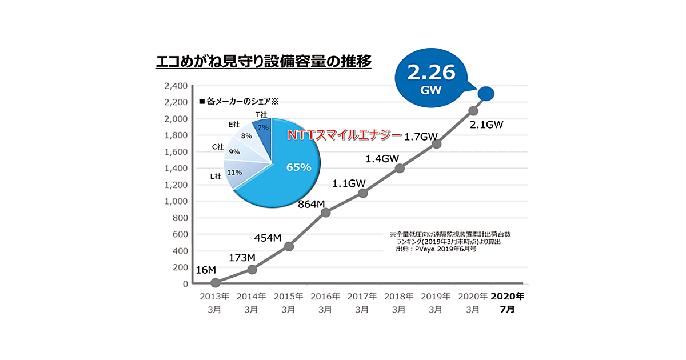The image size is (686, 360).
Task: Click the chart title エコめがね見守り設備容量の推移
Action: tap(264, 61)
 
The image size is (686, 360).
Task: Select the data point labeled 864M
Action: tap(326, 213)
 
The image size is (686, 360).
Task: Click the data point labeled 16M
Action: tap(216, 282)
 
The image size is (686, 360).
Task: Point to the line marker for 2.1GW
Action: tap(473, 111)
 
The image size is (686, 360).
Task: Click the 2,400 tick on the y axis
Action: tap(176, 86)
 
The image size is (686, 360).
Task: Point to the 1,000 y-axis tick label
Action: tap(176, 201)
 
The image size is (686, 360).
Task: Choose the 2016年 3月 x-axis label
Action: tap(325, 302)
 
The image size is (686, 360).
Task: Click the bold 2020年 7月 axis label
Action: tap(508, 302)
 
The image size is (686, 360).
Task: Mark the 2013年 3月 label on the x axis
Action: tap(215, 302)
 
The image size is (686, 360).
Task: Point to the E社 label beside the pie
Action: tap(234, 123)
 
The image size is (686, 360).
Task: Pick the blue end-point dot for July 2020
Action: tap(486, 93)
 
